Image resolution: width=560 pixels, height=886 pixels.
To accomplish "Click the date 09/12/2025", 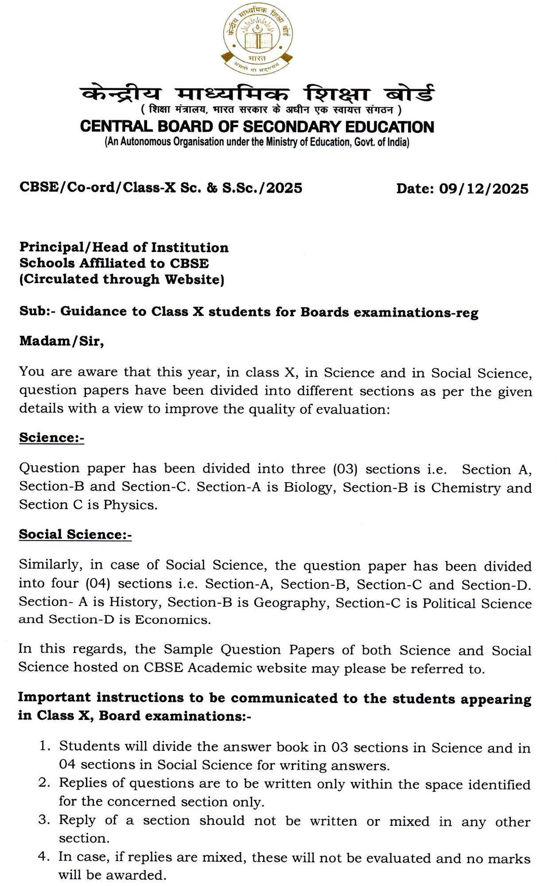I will point(484,189).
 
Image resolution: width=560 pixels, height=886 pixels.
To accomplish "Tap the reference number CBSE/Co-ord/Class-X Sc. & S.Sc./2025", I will point(161,188).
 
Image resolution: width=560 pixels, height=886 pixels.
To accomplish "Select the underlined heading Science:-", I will point(51,438).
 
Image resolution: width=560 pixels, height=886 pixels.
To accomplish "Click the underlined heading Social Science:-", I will point(75,534).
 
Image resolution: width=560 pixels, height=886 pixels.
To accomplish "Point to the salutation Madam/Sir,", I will point(62,342).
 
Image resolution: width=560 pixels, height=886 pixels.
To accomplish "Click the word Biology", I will point(307,487).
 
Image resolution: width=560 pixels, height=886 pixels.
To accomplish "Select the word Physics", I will point(130,505).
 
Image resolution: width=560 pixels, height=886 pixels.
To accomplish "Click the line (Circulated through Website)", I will point(121,280).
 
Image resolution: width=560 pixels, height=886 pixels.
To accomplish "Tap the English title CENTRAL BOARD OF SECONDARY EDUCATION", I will point(257,127).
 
